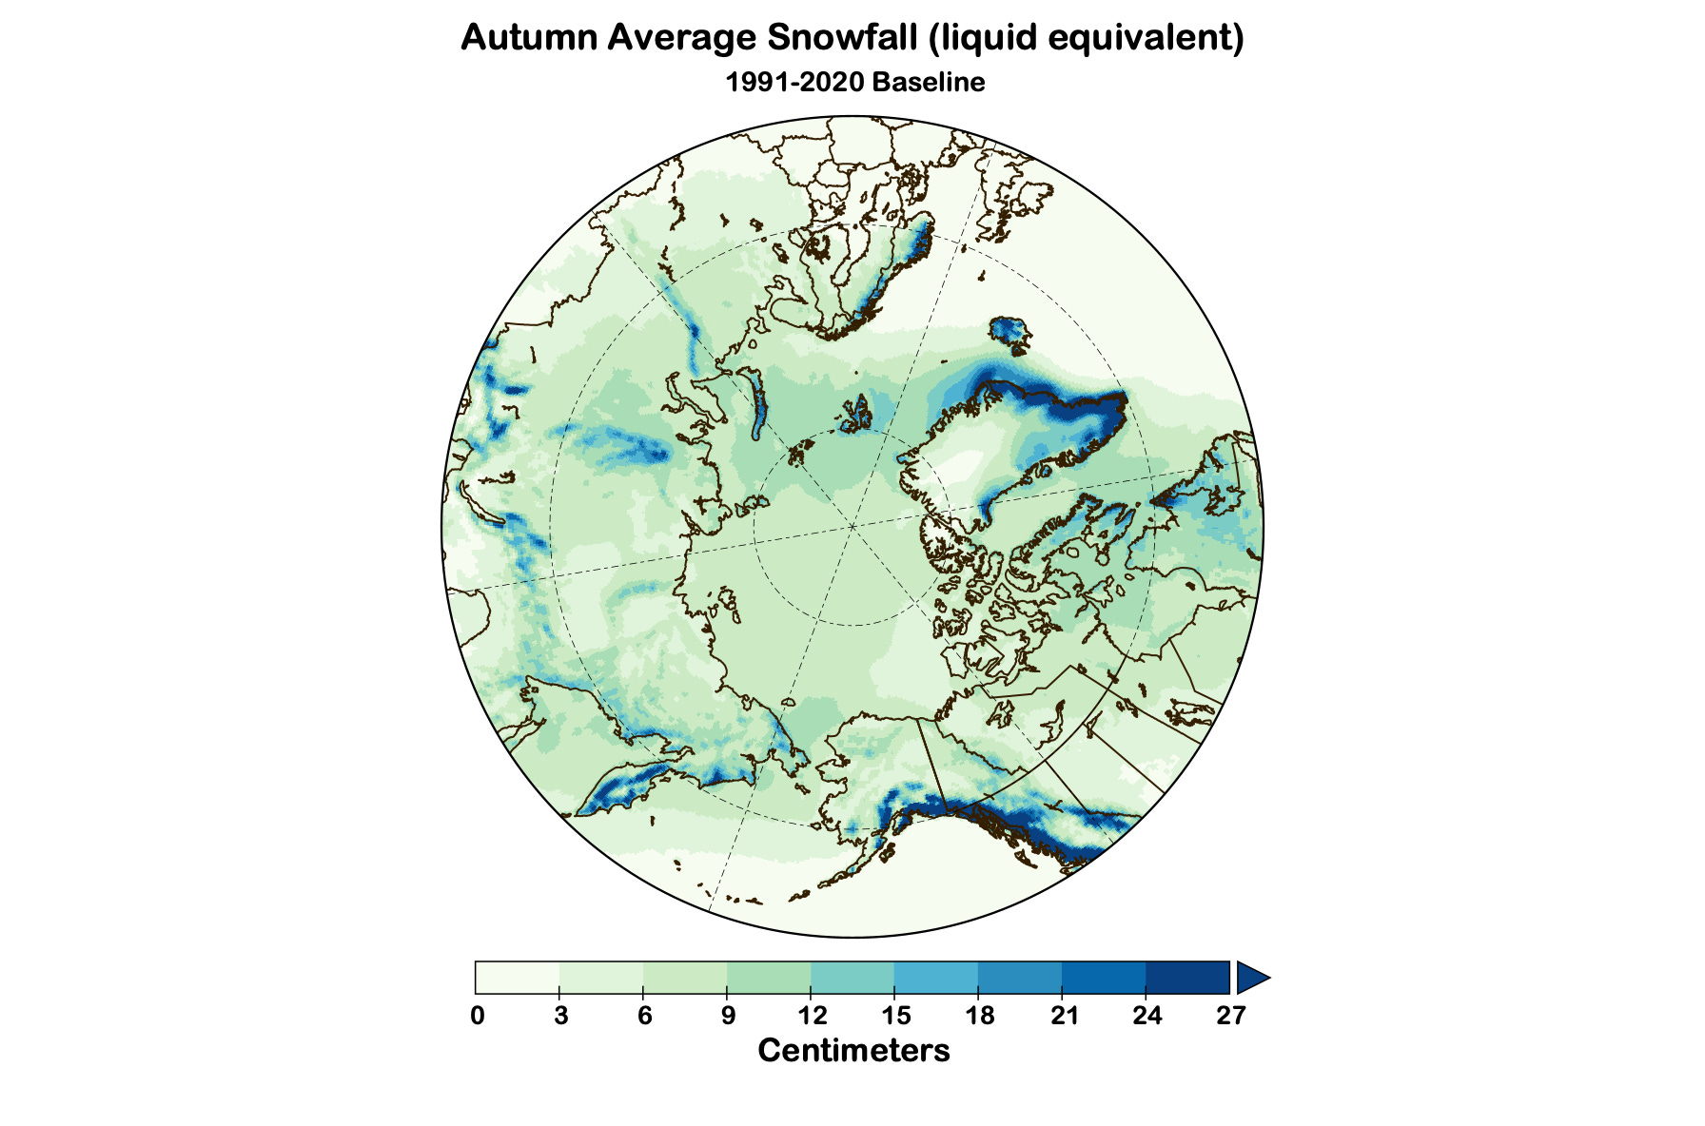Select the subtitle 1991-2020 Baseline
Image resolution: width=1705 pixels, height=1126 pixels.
pyautogui.click(x=853, y=82)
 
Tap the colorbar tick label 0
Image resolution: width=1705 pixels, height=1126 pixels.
pyautogui.click(x=477, y=1016)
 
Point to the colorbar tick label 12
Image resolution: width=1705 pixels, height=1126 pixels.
pyautogui.click(x=812, y=1016)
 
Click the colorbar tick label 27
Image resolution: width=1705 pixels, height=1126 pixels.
pyautogui.click(x=1230, y=1016)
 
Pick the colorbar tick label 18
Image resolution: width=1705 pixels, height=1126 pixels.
pyautogui.click(x=979, y=1016)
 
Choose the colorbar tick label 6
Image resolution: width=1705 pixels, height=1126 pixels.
pyautogui.click(x=644, y=1016)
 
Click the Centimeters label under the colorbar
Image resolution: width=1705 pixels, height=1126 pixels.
pyautogui.click(x=853, y=1051)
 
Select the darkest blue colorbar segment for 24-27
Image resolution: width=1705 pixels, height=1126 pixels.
pyautogui.click(x=1187, y=978)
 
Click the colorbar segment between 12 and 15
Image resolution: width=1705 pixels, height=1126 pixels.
pyautogui.click(x=852, y=978)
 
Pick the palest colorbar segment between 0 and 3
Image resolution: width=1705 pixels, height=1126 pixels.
pyautogui.click(x=518, y=978)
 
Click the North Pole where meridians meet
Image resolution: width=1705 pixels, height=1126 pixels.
pyautogui.click(x=853, y=525)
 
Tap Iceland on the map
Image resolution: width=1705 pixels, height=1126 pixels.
pyautogui.click(x=1009, y=332)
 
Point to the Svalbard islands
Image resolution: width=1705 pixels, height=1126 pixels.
pyautogui.click(x=856, y=416)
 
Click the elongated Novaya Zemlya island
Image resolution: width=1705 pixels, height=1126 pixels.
pyautogui.click(x=757, y=404)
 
